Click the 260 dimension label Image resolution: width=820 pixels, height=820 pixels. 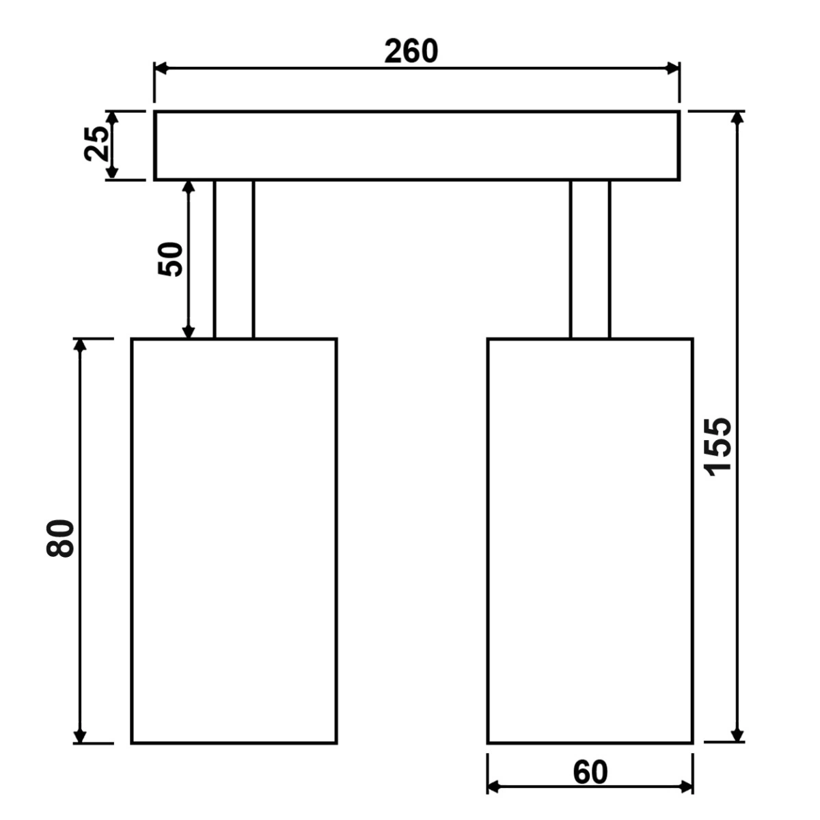(x=411, y=51)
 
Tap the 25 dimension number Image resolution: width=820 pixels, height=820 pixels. (x=96, y=143)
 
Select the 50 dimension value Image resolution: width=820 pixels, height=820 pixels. (x=170, y=259)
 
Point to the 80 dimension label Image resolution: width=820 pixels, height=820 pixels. (x=60, y=538)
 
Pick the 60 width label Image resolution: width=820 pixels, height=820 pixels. (x=590, y=773)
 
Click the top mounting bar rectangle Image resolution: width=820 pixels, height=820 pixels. (x=417, y=146)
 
